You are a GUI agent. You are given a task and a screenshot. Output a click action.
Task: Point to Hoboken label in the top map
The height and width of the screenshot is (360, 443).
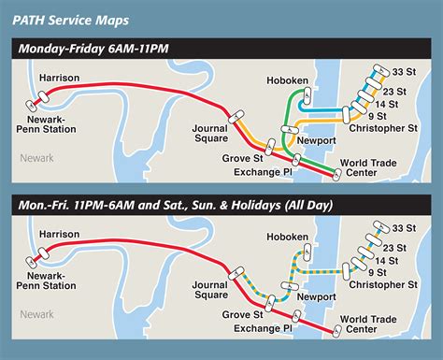point(285,81)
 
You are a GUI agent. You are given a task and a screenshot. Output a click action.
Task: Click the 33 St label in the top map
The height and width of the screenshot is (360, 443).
point(406,72)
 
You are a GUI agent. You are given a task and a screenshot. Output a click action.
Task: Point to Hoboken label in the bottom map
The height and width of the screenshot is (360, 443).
point(285,238)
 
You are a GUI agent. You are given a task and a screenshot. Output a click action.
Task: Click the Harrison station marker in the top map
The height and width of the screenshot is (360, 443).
point(39,95)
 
